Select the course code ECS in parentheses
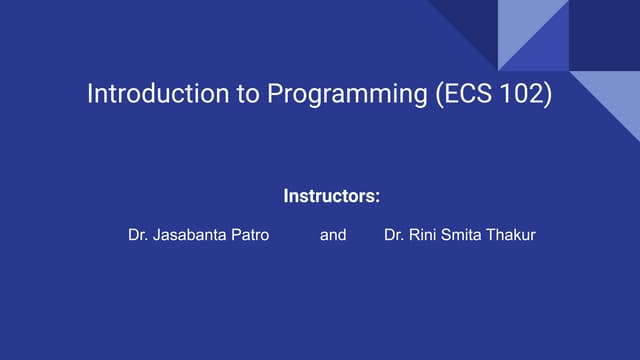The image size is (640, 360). coord(467,95)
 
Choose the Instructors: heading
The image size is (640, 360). coord(332,196)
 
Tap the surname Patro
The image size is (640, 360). coord(250,236)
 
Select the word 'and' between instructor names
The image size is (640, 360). coord(333,236)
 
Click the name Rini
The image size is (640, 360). coord(426,236)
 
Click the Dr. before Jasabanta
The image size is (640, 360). coord(139,236)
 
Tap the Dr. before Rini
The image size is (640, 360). coord(396,236)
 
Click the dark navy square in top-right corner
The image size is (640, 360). coord(605,35)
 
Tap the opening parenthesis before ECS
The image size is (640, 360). coord(437,95)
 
